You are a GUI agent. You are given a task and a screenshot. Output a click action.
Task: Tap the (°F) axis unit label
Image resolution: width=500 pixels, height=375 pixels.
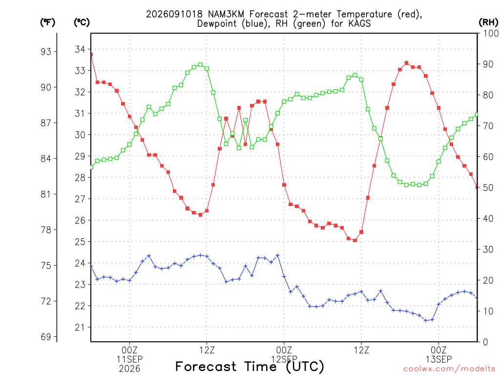(47, 22)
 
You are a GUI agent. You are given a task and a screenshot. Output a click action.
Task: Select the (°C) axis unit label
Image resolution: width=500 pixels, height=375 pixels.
(82, 22)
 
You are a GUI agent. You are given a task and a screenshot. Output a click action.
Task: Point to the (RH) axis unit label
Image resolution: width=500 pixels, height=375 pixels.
(488, 22)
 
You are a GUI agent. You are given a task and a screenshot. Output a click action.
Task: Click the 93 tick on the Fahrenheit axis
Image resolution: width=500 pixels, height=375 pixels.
(46, 51)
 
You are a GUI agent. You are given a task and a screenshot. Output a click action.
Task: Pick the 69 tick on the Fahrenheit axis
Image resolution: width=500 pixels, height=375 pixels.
(46, 337)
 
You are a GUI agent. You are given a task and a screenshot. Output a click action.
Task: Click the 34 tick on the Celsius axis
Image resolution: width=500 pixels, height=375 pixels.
(80, 49)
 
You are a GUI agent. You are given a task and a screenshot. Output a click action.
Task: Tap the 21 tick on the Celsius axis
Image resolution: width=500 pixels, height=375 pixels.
(80, 327)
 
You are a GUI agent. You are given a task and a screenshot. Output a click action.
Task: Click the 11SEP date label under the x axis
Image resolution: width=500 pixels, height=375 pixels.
(129, 359)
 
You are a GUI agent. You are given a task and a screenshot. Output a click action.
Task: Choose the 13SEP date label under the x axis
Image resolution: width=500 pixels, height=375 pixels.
(439, 359)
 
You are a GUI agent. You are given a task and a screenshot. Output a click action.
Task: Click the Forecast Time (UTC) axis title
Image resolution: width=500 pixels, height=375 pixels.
(250, 366)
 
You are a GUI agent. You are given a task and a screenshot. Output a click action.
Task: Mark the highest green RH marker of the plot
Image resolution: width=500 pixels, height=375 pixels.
(200, 65)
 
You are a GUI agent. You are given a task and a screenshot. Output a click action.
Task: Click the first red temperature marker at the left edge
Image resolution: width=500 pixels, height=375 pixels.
(91, 55)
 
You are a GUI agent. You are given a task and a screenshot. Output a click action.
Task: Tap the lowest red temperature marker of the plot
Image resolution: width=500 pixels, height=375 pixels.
(355, 240)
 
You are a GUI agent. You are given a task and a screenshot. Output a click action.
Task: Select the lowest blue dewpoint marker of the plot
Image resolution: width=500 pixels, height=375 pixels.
(426, 320)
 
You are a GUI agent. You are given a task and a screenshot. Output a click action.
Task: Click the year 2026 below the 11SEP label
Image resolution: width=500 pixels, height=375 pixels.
(129, 369)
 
